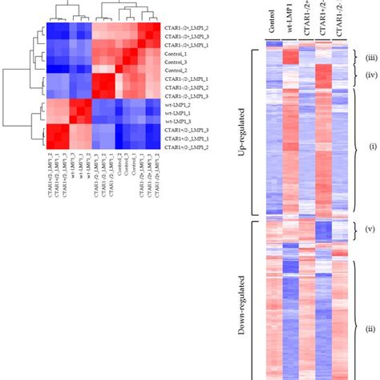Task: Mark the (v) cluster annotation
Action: tap(371, 230)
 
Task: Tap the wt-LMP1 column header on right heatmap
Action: tap(290, 24)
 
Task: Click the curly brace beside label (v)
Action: tap(358, 230)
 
